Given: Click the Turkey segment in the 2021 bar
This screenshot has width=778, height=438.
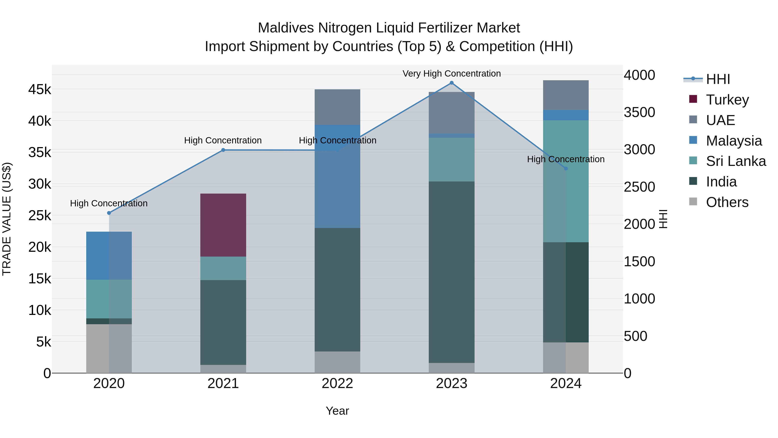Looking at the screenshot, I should click(x=223, y=225).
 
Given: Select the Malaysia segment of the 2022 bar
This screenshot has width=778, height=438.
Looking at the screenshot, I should click(x=337, y=176).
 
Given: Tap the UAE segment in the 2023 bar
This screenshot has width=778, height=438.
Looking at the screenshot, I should click(x=451, y=112).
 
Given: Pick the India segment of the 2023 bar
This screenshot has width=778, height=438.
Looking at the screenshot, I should click(x=451, y=272).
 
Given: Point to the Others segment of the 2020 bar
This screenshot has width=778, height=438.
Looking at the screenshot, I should click(x=109, y=348).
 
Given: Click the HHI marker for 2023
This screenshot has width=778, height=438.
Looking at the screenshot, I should click(x=451, y=83).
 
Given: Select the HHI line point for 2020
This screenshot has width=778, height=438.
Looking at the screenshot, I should click(x=109, y=213).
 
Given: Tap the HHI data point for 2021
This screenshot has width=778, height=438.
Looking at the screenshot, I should click(x=223, y=150).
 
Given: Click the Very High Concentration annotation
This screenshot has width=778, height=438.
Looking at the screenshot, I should click(x=451, y=74).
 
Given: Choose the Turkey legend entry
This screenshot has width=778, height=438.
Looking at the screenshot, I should click(x=727, y=100).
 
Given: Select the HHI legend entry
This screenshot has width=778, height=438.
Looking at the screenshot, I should click(x=717, y=79).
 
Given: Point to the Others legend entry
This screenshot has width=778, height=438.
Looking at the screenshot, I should click(x=727, y=202).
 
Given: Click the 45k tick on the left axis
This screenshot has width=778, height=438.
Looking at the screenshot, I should click(x=40, y=90).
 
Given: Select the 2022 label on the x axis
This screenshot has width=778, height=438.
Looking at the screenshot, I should click(x=337, y=383).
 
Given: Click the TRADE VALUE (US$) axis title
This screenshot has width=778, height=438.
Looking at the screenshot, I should click(x=7, y=219).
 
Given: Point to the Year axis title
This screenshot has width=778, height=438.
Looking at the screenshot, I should click(x=337, y=411).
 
